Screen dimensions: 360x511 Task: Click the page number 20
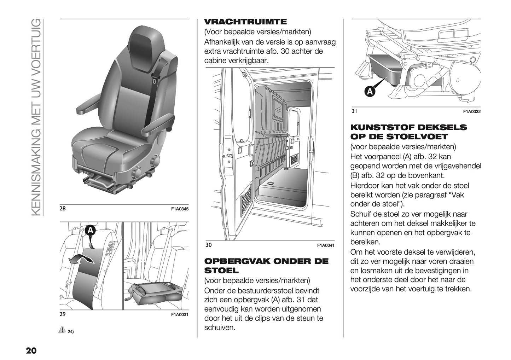click(x=31, y=351)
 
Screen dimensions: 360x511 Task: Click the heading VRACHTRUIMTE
click(x=245, y=22)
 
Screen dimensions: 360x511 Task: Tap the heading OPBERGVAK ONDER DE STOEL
click(x=266, y=266)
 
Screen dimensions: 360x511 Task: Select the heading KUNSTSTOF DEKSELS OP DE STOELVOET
click(x=408, y=132)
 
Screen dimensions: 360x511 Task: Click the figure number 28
click(x=63, y=209)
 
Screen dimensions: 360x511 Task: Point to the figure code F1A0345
click(x=180, y=209)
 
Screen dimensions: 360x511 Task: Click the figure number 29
click(x=63, y=314)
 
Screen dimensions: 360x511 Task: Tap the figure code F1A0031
click(x=180, y=314)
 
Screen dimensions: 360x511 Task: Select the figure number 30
click(x=208, y=244)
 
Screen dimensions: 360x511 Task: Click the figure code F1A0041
click(x=325, y=245)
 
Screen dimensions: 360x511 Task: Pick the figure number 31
click(x=354, y=111)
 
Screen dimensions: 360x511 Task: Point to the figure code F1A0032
click(x=472, y=112)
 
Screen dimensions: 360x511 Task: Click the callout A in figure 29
click(x=91, y=231)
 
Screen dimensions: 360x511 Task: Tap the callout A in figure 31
click(x=370, y=92)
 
